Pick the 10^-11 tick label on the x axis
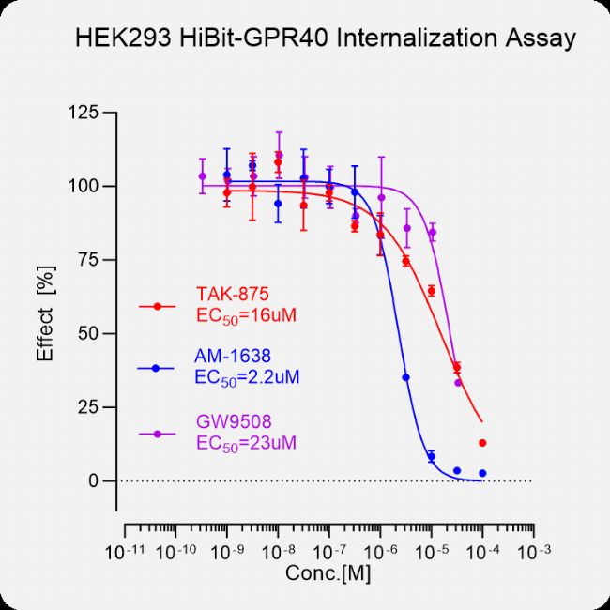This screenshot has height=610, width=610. (x=128, y=550)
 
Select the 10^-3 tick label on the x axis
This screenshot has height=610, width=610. (x=534, y=550)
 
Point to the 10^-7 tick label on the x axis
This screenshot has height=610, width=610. (x=330, y=550)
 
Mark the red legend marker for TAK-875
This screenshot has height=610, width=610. (x=158, y=306)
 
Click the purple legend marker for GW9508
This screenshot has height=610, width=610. (x=158, y=434)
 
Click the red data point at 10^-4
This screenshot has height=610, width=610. (x=482, y=443)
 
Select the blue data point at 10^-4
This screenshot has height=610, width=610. (x=482, y=473)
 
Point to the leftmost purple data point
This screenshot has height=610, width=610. (x=202, y=175)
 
